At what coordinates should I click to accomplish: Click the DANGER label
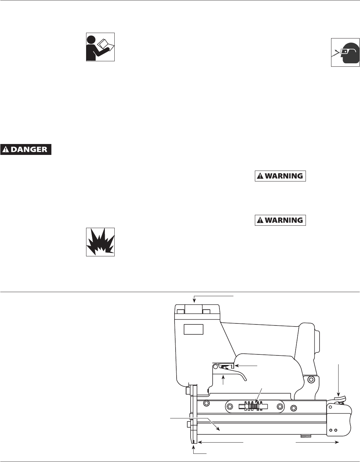(x=26, y=149)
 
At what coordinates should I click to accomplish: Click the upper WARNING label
(x=280, y=176)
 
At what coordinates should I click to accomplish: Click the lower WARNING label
(x=280, y=220)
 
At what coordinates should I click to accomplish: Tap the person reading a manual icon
(x=100, y=47)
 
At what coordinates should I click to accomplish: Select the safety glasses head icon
(x=345, y=52)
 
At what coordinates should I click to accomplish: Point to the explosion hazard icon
(x=100, y=242)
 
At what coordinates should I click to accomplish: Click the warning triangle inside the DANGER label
(x=6, y=149)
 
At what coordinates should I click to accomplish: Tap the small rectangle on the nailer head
(x=193, y=329)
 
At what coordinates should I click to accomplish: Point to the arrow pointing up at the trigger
(x=223, y=380)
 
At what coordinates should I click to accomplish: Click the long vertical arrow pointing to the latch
(x=339, y=378)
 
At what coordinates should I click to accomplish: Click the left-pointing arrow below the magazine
(x=221, y=442)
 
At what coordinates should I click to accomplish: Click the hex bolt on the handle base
(x=310, y=379)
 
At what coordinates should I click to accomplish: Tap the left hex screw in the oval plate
(x=230, y=406)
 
